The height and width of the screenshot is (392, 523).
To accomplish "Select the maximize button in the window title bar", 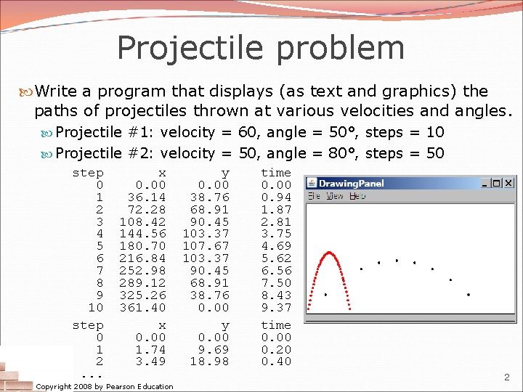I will [497, 183].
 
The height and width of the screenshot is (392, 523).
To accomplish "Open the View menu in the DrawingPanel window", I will [335, 196].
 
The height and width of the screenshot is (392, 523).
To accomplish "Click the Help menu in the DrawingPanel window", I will [357, 196].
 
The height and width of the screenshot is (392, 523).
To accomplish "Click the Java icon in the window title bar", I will [311, 183].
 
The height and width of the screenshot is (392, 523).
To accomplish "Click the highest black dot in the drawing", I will [397, 260].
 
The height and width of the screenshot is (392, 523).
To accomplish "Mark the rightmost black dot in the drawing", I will [469, 295].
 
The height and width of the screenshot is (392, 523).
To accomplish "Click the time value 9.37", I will [276, 308].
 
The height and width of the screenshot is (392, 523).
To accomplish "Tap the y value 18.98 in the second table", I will [209, 362].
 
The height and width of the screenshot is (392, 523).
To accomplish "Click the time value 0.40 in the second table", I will [276, 362].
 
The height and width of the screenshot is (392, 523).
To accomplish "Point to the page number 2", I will [506, 377].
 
